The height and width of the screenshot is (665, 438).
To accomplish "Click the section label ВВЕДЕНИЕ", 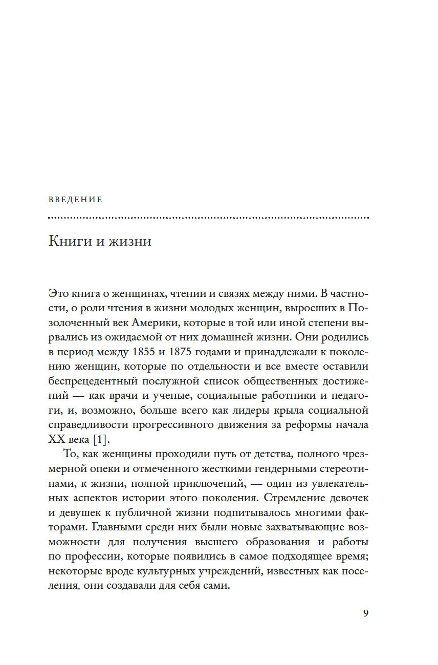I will (x=75, y=200).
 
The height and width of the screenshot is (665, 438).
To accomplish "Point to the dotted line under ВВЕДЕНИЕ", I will (x=208, y=218).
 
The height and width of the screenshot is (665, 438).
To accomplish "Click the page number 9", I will (x=365, y=614).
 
